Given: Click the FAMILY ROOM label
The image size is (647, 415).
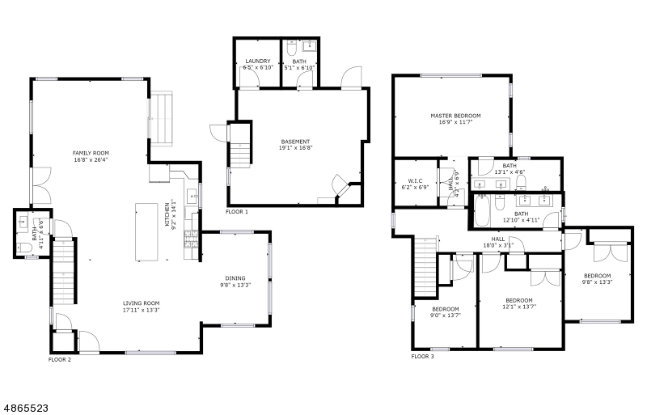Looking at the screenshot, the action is pos(91,153).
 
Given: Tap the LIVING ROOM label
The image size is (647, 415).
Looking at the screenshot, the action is pos(141,303).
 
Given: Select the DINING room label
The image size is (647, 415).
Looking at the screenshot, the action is pos(235,278).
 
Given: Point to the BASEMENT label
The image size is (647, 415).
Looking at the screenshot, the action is pos(295,142).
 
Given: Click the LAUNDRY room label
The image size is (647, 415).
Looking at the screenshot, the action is pos(258,61).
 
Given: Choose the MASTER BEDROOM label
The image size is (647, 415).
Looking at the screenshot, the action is pos(455,116).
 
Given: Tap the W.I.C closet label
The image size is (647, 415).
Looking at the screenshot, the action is pos(415,181).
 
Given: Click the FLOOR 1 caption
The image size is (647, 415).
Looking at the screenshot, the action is pos(237,212).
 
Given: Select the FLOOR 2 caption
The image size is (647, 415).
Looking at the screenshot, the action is pos(60,360).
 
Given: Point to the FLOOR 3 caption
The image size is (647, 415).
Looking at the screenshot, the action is pos(422,357).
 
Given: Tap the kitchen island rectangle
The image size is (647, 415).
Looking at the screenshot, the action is pos(146,232).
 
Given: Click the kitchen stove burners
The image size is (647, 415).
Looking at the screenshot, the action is pos(192,239).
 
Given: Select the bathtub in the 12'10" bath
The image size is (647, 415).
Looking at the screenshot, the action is pos(481,210).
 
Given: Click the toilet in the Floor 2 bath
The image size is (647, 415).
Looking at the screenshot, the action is pos(25,248).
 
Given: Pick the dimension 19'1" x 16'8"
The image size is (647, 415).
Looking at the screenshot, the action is pos(295,148).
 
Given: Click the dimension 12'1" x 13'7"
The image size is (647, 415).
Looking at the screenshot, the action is pos(519,307).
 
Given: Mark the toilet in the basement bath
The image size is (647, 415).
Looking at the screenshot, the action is pos(292,49).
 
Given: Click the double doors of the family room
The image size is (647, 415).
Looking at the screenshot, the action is pos(41,185).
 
